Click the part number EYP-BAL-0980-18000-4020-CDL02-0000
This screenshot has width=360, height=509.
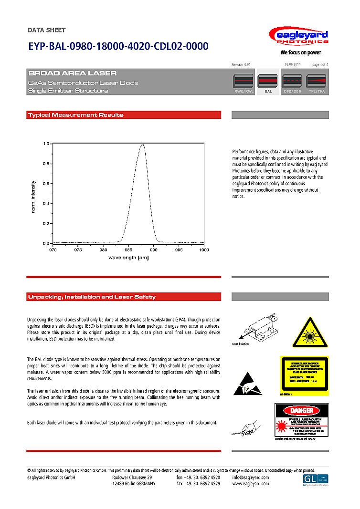[118, 46]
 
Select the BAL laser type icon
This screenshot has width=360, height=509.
[268, 82]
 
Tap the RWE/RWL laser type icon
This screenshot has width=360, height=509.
[244, 82]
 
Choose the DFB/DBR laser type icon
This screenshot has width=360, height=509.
[292, 82]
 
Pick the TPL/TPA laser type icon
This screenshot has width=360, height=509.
[317, 82]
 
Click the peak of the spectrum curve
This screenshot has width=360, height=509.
[142, 145]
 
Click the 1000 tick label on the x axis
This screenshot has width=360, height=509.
[204, 249]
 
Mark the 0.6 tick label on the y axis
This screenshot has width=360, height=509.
[46, 184]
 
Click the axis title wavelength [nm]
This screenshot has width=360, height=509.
[128, 258]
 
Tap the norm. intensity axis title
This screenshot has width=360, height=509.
[33, 196]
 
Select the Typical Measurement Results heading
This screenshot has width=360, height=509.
[75, 115]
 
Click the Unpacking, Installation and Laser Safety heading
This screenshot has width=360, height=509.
[92, 297]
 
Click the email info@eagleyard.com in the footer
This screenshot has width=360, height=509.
[251, 478]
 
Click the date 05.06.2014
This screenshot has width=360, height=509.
[292, 64]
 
